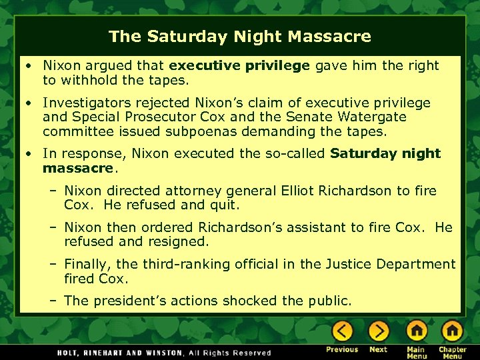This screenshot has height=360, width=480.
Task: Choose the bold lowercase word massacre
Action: click(74, 168)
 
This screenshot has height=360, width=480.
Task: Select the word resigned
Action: click(176, 241)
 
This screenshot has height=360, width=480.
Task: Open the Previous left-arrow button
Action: click(342, 331)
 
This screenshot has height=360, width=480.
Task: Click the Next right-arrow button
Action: click(379, 331)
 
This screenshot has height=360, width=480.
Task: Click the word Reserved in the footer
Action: click(250, 353)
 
